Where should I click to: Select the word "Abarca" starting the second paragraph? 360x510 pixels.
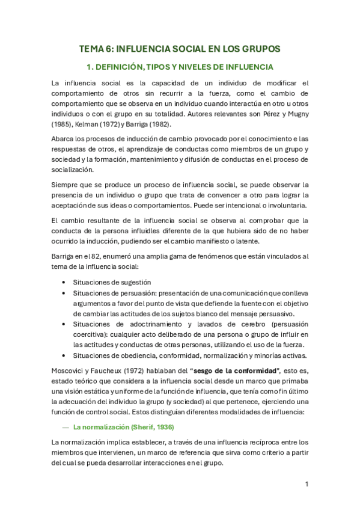(64, 138)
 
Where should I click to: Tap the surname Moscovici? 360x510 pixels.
(70, 369)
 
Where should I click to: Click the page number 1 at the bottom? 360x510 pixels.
(307, 484)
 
